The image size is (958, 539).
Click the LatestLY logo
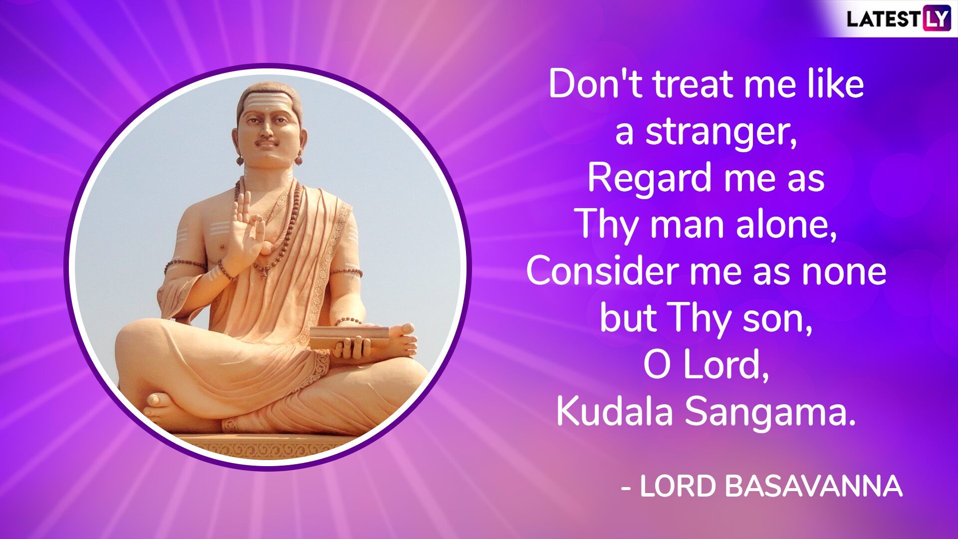coord(898,19)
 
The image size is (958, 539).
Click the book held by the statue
coord(349,337)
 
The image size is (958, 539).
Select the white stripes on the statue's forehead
coord(265,103)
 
